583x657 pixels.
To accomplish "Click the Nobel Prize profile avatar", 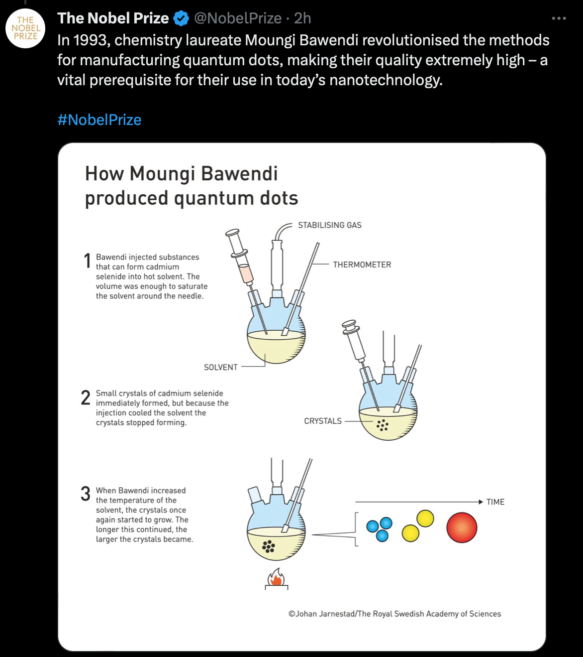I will [x=25, y=28].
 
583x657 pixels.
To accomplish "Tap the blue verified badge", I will [x=181, y=18].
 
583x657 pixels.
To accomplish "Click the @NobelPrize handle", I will [x=238, y=18].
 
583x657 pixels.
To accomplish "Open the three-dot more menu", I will [x=559, y=18].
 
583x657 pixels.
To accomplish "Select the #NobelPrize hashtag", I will [x=99, y=120].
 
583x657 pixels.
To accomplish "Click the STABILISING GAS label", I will [x=329, y=225].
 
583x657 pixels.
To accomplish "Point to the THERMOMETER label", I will [x=362, y=264].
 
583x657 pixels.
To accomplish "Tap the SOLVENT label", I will [x=220, y=367].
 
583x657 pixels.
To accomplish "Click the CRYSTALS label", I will [x=323, y=421].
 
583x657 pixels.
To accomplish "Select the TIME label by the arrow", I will [x=495, y=502].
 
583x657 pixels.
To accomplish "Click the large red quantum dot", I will [x=462, y=527].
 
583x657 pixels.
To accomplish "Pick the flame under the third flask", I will [x=276, y=579].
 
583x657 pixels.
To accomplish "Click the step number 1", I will [x=87, y=261].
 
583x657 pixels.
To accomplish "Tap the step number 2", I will [x=86, y=397].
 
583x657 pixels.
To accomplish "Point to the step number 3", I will [x=86, y=494].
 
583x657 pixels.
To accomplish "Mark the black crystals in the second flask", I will [x=382, y=425].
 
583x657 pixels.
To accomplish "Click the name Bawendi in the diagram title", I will [x=239, y=174].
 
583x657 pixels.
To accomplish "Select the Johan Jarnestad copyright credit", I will [x=394, y=614].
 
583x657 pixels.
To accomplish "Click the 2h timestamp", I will [x=302, y=18].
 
